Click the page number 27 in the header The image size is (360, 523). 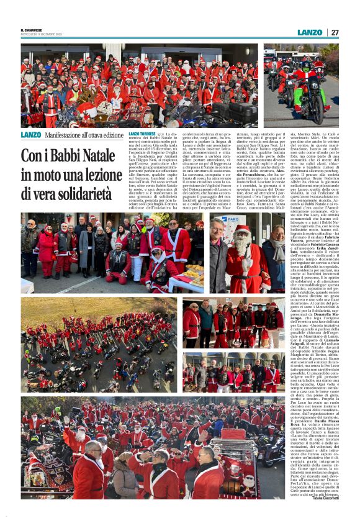[334, 32]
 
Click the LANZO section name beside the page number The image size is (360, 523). [310, 32]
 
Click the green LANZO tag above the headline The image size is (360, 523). [30, 135]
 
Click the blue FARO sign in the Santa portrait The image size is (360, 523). [232, 219]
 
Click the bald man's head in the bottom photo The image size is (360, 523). [93, 447]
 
